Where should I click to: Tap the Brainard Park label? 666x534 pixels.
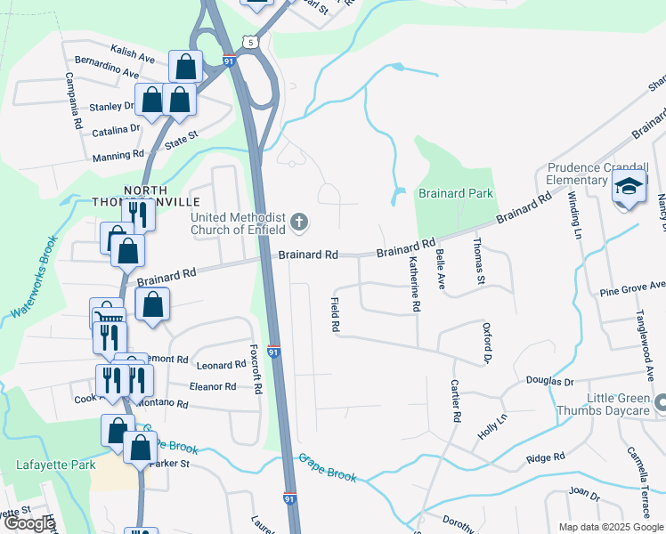point(457,193)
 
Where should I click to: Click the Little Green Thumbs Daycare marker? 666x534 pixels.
point(660,405)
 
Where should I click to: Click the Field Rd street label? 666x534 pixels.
point(336,315)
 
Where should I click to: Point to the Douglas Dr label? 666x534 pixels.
point(549,381)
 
